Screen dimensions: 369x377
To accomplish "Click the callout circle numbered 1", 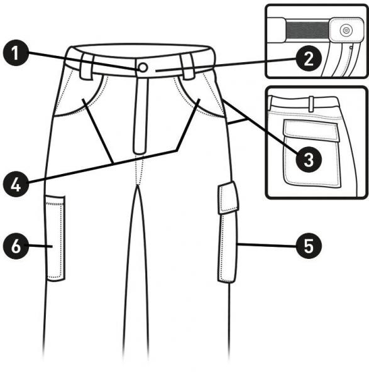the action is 16,53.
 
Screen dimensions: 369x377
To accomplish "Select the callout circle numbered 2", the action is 309,58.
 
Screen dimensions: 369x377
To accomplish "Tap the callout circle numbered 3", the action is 309,160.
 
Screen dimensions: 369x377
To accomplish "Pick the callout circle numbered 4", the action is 16,184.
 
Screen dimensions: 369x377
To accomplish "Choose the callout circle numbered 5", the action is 309,246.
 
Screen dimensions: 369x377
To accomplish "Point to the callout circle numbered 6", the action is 16,246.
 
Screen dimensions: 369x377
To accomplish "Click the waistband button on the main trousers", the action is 143,68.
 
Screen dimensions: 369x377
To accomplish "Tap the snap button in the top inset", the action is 346,30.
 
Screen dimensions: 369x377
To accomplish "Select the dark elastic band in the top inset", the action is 307,30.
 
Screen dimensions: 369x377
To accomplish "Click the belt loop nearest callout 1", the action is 87,65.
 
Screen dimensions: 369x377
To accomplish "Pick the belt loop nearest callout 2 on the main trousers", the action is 187,66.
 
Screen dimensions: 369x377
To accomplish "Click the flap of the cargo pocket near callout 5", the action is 228,198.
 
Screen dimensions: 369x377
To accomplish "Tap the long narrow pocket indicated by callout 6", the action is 55,238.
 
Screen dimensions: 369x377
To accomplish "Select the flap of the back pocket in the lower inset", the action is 312,131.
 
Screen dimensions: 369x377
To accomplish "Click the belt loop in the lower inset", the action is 311,104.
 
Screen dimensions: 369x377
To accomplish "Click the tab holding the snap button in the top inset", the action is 346,30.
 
